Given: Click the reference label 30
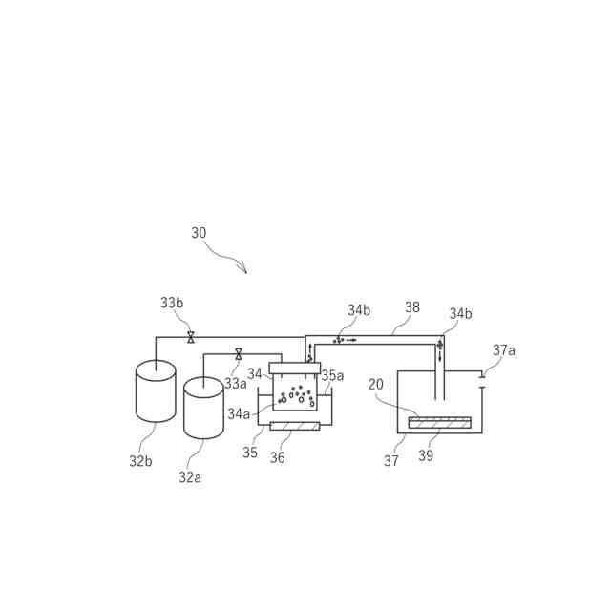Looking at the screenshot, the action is coord(199,233).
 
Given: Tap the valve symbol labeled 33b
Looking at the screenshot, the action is coord(191,337).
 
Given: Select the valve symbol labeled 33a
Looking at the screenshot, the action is coord(239,354).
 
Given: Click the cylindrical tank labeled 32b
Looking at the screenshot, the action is coord(156,390).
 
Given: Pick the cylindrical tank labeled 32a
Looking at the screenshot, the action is coord(203,408).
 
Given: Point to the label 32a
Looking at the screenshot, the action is coord(190,477).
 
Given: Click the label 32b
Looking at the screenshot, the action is coord(140,461).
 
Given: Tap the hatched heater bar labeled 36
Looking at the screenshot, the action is coord(295,426).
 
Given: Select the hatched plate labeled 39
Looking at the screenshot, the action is coord(439,422).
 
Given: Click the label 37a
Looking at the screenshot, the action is coord(504,350).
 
